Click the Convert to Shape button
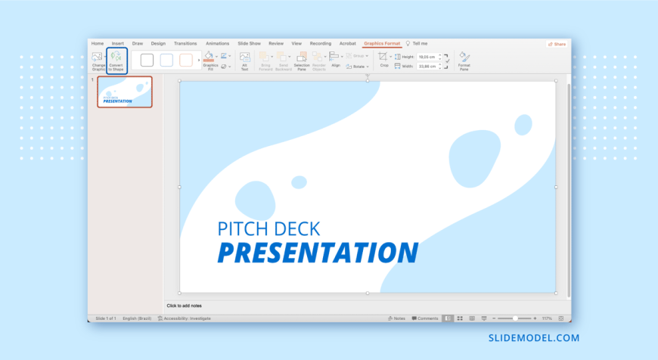pos(116,61)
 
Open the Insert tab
pos(118,44)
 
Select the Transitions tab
pos(185,44)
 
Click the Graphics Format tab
pos(382,44)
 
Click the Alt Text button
pos(244,61)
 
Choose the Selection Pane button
pos(302,61)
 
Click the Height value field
pos(427,57)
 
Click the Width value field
pos(427,66)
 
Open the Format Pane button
pos(464,61)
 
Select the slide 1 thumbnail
pos(125,92)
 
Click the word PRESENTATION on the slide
pos(318,253)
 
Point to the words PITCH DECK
pos(268,228)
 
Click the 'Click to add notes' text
pos(185,306)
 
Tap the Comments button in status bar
pos(425,318)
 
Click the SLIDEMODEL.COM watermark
pos(533,338)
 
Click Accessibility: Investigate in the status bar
pos(185,318)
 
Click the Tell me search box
pos(419,44)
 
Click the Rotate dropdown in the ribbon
pos(356,67)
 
